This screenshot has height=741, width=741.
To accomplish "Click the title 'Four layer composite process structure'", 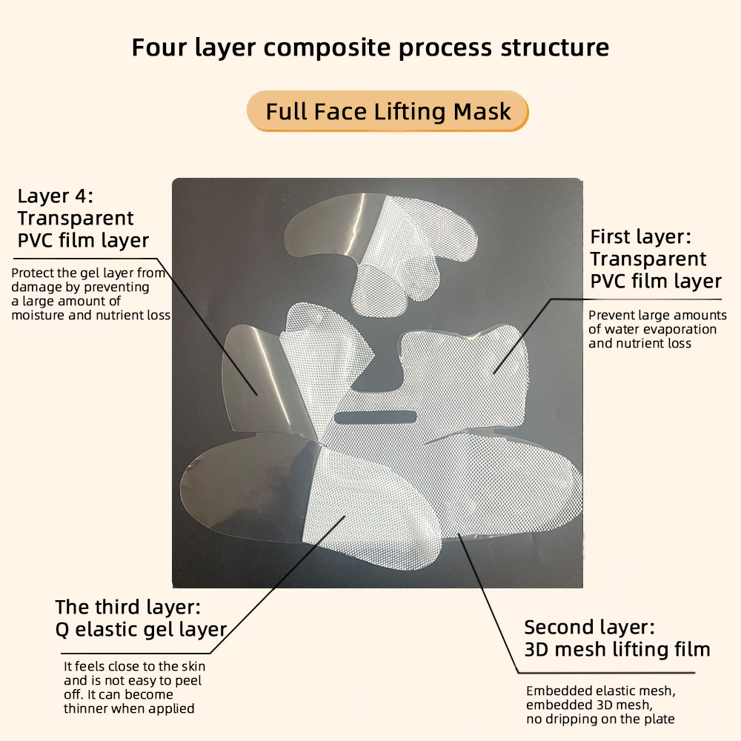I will point(370,47).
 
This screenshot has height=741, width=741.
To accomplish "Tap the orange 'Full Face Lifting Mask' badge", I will point(388,111).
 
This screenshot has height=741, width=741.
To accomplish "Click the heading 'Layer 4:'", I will point(55,196).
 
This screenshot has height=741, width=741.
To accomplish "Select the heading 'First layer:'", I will point(640,237).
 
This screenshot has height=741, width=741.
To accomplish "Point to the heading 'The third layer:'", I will point(127,608).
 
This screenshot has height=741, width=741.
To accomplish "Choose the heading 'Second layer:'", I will point(589,628).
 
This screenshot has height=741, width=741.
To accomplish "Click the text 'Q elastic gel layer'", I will point(141,630).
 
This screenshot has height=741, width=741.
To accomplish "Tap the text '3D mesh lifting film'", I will point(617,650).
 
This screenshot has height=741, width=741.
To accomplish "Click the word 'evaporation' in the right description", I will point(682,329).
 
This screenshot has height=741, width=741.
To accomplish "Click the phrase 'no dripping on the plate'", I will point(600,719).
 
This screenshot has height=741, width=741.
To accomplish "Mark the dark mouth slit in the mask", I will point(376,416).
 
